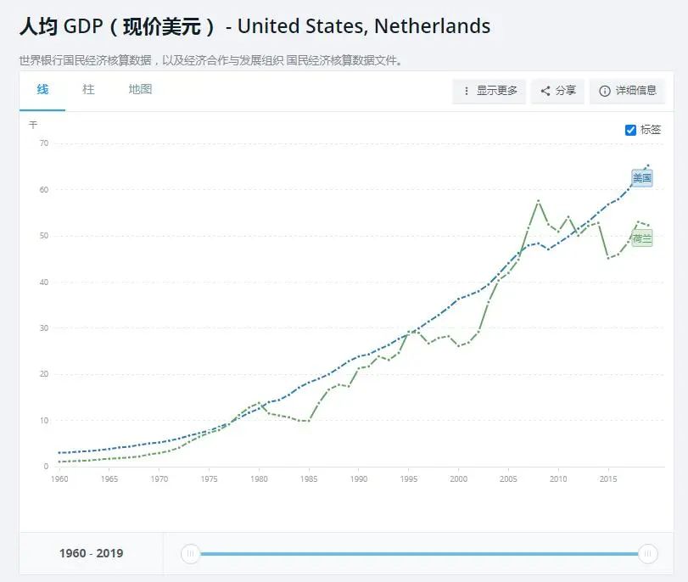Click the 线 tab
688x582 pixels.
tap(42, 90)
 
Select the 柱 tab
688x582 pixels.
tap(88, 90)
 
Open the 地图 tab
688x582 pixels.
tap(140, 90)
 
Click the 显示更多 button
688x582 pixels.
tap(489, 91)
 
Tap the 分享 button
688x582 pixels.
tap(558, 91)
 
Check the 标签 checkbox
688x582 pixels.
tap(630, 130)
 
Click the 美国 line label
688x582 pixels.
tap(642, 178)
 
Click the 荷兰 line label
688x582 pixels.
tap(642, 238)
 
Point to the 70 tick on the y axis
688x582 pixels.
tap(43, 143)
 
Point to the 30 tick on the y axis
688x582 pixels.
tap(43, 328)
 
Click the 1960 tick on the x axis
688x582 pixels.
tap(59, 479)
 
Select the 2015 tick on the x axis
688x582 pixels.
tap(608, 479)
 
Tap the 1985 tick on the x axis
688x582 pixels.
tap(309, 479)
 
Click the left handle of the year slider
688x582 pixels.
tap(191, 554)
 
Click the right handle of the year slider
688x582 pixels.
tap(648, 554)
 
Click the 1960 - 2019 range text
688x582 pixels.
tap(91, 554)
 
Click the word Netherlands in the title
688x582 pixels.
tap(432, 26)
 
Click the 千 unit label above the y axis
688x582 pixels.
tap(33, 125)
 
